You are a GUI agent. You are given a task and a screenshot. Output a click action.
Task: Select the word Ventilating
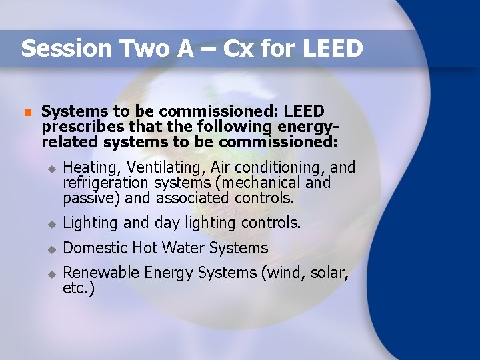coord(157,167)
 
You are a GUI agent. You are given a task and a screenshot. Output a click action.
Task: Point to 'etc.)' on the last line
coord(79,288)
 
